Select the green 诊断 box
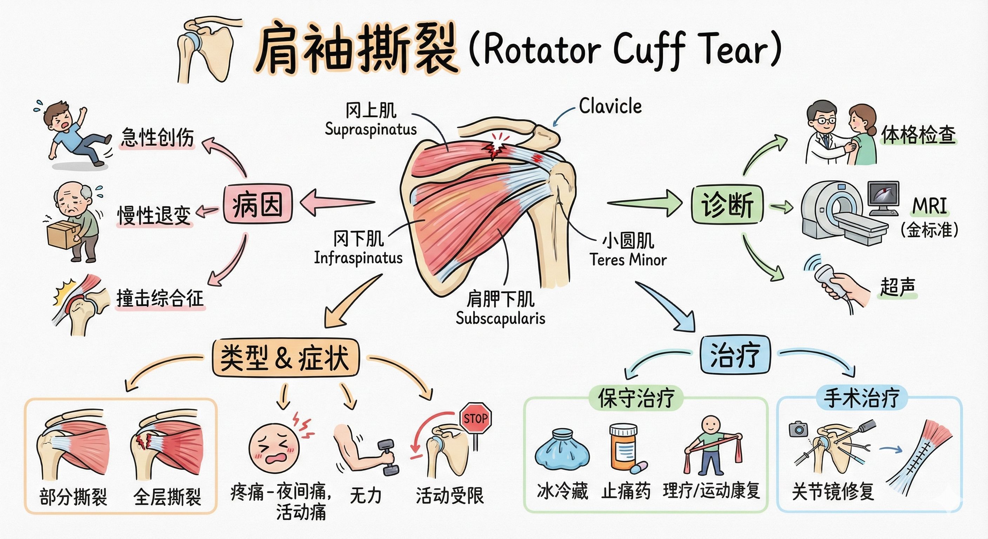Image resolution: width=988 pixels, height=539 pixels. (727, 205)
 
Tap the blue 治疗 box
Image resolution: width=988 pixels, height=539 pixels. (735, 355)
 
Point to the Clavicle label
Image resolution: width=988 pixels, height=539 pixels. (610, 106)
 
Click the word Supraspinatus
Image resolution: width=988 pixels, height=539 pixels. (370, 129)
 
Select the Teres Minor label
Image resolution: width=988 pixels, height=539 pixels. (628, 260)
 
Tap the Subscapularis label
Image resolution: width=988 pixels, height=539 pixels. (500, 318)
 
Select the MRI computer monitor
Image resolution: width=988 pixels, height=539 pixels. (884, 196)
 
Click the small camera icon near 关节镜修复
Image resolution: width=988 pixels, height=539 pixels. (798, 429)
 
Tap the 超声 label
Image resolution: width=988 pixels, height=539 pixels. (897, 287)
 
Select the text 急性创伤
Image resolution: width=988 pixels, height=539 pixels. (157, 137)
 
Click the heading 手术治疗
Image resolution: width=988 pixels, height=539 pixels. (861, 398)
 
